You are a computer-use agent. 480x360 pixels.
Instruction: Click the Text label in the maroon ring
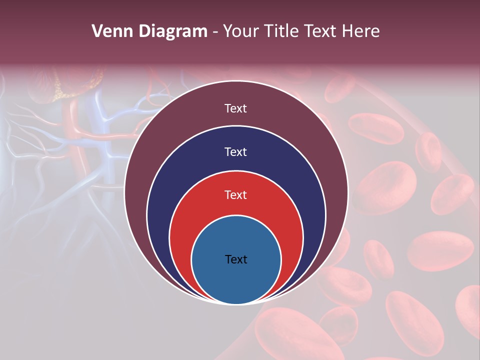(236, 108)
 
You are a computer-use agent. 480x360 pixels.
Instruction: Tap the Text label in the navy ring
(236, 151)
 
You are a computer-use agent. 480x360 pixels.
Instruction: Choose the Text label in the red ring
(236, 194)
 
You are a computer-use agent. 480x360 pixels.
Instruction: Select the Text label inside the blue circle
(236, 259)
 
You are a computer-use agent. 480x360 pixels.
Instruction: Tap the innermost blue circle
(236, 280)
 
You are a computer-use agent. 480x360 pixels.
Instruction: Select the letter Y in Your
(227, 31)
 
